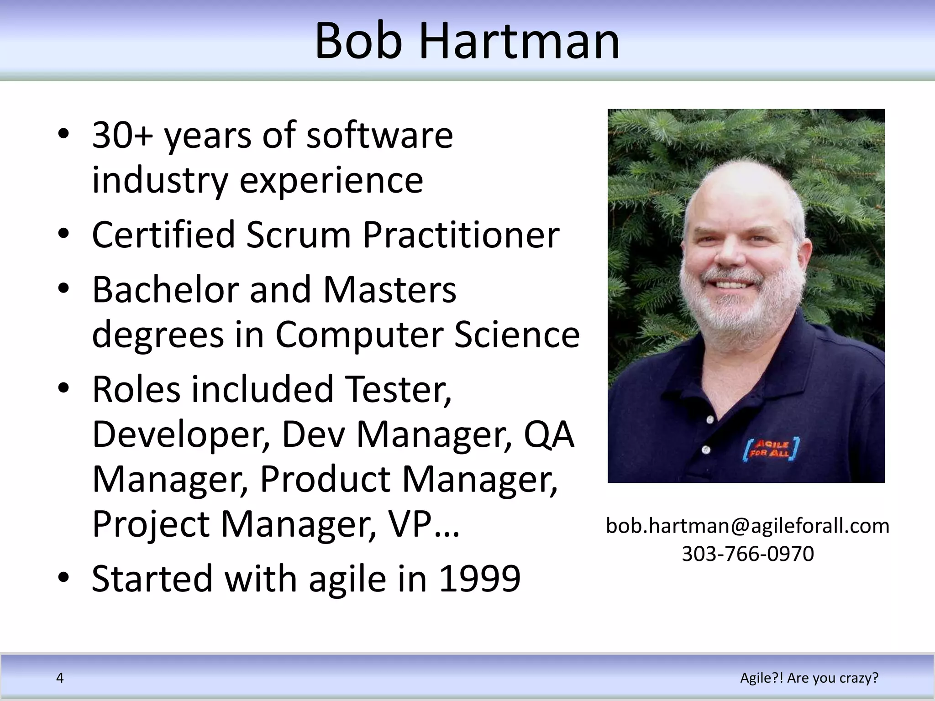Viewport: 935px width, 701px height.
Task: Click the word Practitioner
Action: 461,235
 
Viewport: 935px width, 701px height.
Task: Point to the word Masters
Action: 389,290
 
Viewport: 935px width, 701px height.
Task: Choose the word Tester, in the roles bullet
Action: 398,390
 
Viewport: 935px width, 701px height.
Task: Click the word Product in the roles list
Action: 325,479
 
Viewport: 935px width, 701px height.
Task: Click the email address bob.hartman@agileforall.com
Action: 747,526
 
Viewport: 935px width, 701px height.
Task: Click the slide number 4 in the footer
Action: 60,678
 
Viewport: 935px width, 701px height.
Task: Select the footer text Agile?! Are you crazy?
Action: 809,678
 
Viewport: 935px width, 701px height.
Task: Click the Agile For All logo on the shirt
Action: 771,450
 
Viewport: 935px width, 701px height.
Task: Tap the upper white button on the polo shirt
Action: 710,419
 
